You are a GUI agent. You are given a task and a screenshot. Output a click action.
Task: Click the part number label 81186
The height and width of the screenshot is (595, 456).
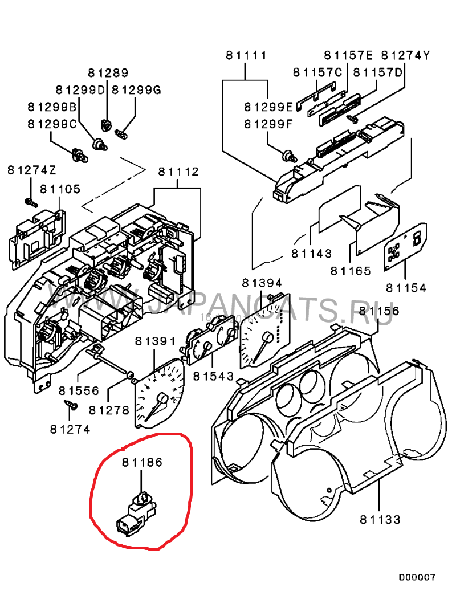142,463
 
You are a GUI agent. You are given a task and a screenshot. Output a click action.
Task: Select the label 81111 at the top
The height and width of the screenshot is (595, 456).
246,56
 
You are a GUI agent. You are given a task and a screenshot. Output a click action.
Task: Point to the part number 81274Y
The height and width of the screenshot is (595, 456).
405,55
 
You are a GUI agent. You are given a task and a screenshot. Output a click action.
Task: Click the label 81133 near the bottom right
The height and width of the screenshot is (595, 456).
380,519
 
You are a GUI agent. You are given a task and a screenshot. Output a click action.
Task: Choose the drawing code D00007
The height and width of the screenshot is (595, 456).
417,577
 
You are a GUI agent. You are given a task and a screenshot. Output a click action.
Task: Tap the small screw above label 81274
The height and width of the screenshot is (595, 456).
70,406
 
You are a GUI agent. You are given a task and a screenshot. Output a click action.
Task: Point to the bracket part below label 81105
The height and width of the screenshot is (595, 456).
35,237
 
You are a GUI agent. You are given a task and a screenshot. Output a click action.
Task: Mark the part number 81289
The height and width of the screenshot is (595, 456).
108,73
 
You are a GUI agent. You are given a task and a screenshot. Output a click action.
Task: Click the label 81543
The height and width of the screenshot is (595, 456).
213,376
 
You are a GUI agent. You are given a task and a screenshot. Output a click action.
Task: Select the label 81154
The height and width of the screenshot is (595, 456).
405,288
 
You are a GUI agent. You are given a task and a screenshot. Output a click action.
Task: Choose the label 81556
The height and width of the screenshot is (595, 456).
79,391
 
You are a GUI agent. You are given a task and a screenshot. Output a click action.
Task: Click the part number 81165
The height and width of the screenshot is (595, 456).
350,271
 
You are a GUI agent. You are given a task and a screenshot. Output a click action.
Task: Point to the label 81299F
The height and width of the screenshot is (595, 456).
268,124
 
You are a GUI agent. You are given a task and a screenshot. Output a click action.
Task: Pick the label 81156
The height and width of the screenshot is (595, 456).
380,311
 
